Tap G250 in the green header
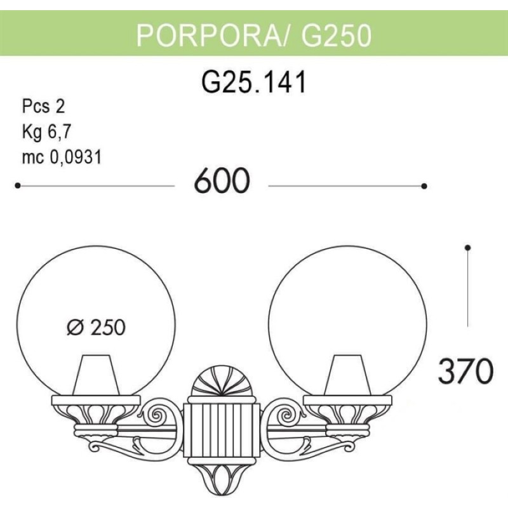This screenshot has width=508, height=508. coord(336,36)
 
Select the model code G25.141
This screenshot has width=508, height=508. coord(253,82)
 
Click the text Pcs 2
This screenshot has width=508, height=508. coord(44,106)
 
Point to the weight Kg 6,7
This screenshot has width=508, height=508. coord(46,132)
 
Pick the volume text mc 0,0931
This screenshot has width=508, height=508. coord(62,157)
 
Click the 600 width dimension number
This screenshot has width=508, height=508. coord(222,181)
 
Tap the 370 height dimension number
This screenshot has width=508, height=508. coord(466,371)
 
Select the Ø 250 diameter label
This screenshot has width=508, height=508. coord(97,327)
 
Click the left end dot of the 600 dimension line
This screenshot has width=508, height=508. coord(18,185)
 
